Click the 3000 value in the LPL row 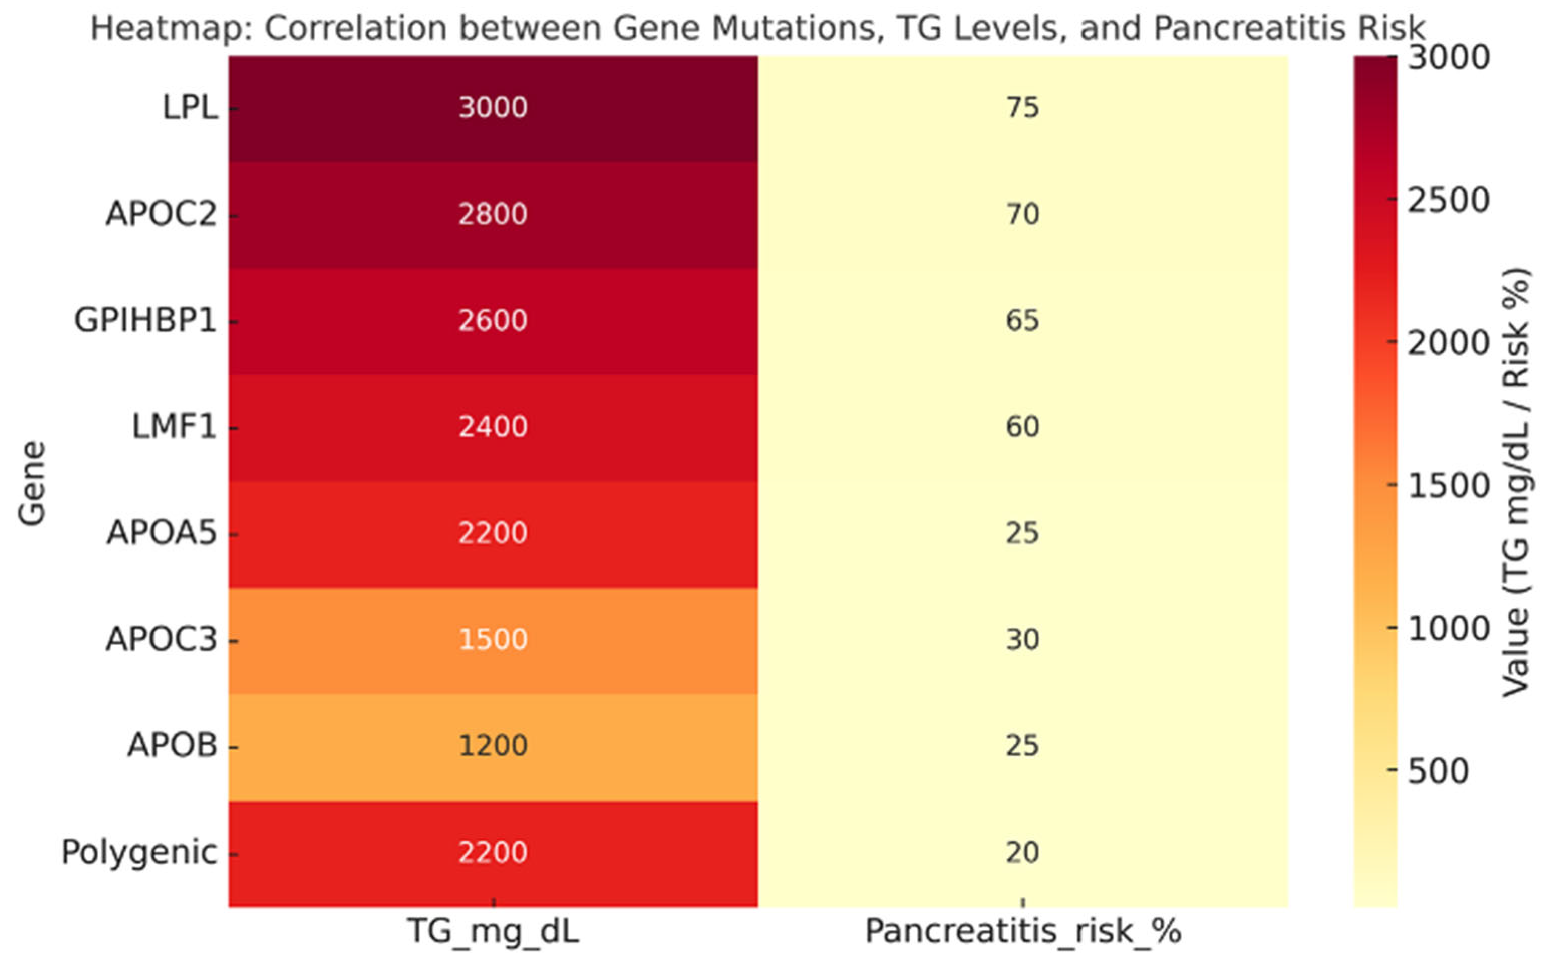pos(493,108)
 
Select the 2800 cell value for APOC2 pos(493,214)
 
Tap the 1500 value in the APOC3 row pos(493,640)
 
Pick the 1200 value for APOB pos(493,746)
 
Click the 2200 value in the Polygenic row pos(493,852)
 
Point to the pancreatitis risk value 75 pos(1022,108)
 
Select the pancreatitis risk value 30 pos(1022,640)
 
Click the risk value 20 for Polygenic pos(1022,852)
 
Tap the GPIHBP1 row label pos(145,320)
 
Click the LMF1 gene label pos(174,427)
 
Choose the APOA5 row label pos(162,533)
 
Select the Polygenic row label pos(139,852)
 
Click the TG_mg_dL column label pos(493,931)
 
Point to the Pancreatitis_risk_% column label pos(1023,931)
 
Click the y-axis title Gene pos(32,483)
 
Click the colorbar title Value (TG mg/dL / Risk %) pos(1515,483)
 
